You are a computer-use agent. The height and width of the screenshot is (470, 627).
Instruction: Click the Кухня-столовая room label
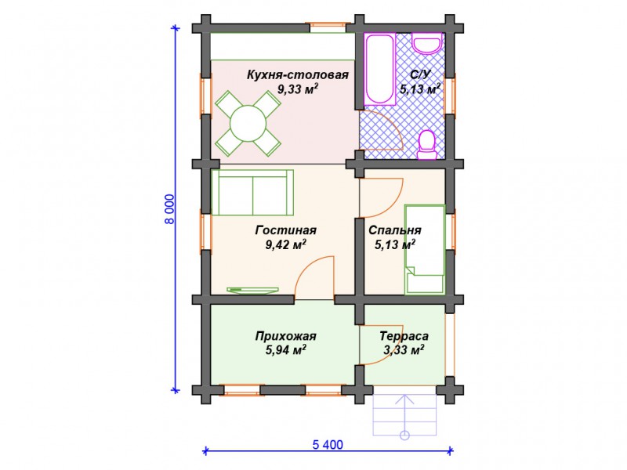298,74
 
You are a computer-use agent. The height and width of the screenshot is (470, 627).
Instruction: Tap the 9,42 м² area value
285,244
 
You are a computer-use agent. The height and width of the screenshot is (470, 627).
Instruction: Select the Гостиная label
285,230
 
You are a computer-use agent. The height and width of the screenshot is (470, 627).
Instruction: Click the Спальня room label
395,230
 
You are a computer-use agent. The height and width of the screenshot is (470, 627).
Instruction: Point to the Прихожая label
285,336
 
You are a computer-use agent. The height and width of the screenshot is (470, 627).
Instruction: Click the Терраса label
404,336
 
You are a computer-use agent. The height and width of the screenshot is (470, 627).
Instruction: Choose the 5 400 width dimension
328,444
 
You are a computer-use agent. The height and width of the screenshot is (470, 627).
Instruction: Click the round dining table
248,123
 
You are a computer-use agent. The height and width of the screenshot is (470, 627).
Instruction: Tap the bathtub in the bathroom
380,70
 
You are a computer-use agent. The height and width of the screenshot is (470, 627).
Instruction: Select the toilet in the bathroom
427,144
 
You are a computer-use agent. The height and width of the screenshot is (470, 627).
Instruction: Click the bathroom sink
427,43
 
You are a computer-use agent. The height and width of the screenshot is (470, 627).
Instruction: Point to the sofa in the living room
252,193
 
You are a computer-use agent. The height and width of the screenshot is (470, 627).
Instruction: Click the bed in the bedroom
425,250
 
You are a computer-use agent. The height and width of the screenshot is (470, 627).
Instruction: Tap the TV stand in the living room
252,290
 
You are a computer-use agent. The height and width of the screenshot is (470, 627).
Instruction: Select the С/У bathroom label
420,74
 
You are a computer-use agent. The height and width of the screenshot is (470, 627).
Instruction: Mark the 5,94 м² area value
285,350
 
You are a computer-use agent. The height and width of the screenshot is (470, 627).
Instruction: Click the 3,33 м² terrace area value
404,350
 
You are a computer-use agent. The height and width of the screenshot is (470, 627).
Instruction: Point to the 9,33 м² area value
298,89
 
